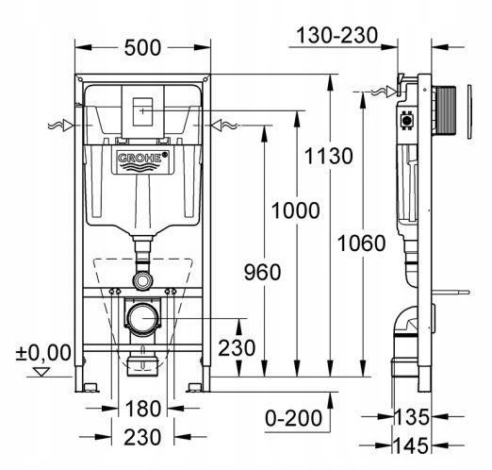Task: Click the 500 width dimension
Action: point(142,48)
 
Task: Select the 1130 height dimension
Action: point(329,156)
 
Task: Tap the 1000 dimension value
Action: point(295,210)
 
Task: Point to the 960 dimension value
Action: point(263,272)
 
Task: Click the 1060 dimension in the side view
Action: point(361,243)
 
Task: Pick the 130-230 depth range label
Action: point(336,35)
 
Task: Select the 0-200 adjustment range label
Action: point(293,418)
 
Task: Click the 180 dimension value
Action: point(143,409)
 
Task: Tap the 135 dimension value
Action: point(411,417)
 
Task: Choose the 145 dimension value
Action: point(411,445)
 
